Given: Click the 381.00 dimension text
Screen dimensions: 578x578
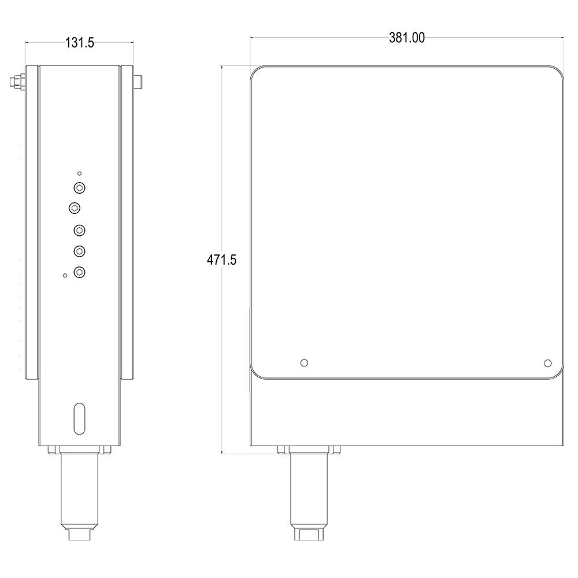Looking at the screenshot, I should [407, 38].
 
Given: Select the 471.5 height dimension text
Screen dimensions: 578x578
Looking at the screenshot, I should [222, 260].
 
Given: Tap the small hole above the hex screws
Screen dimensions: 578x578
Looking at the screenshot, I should [80, 173].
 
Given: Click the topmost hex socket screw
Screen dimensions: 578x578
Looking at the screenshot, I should [80, 187].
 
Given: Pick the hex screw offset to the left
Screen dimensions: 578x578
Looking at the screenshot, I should [74, 207].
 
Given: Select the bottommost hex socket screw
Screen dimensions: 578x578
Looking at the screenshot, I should [80, 271].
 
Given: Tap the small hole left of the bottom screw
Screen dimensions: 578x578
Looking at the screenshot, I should [65, 275].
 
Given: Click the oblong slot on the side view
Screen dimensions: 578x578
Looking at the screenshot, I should [80, 417].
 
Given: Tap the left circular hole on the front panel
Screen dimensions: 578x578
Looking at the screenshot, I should [305, 362].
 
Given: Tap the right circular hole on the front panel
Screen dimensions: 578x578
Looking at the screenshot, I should [547, 362].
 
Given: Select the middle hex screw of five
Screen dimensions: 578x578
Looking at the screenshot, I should [80, 231].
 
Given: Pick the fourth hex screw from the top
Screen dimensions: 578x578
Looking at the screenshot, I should [80, 250].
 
